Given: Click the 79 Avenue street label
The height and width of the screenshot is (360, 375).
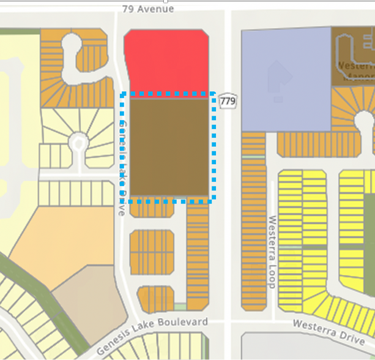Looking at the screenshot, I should [x=148, y=9].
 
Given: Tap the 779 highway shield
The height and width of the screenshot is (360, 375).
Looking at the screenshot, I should [x=228, y=100].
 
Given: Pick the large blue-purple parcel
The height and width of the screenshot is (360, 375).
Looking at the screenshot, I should [x=284, y=80].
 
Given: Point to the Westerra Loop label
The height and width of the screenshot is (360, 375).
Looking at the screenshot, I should [x=272, y=252].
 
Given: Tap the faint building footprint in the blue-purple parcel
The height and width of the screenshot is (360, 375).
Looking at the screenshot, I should [x=278, y=80].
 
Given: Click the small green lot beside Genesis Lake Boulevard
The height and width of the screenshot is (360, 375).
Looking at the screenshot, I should [x=180, y=306].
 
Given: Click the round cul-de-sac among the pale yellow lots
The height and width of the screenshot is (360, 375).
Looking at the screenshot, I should [x=78, y=142].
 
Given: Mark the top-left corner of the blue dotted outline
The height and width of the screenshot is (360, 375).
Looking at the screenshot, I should [x=122, y=95].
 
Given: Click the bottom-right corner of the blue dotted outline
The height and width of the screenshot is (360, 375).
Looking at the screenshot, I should [x=213, y=200].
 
